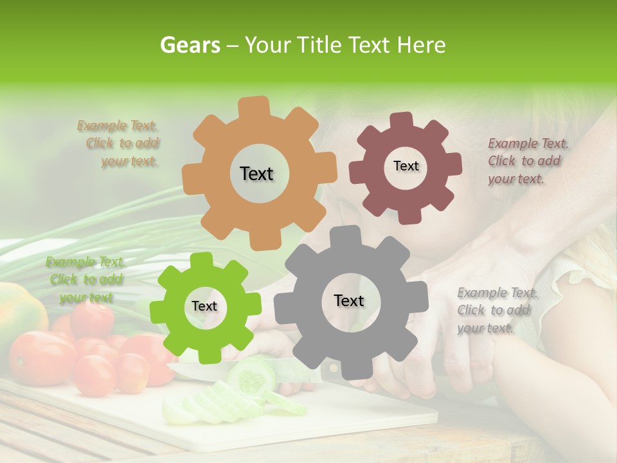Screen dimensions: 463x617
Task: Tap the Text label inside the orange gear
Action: pyautogui.click(x=256, y=174)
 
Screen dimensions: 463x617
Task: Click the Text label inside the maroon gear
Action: pyautogui.click(x=406, y=166)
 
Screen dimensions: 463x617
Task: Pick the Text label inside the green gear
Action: pyautogui.click(x=204, y=307)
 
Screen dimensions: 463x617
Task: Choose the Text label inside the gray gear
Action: pyautogui.click(x=348, y=301)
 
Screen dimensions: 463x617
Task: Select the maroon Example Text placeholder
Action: pyautogui.click(x=527, y=161)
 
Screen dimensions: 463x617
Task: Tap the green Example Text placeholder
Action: pyautogui.click(x=85, y=280)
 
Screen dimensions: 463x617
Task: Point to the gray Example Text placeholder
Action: pyautogui.click(x=496, y=310)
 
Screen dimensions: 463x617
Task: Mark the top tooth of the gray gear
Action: pyautogui.click(x=348, y=235)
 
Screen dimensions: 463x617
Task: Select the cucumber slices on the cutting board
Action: pyautogui.click(x=212, y=399)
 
